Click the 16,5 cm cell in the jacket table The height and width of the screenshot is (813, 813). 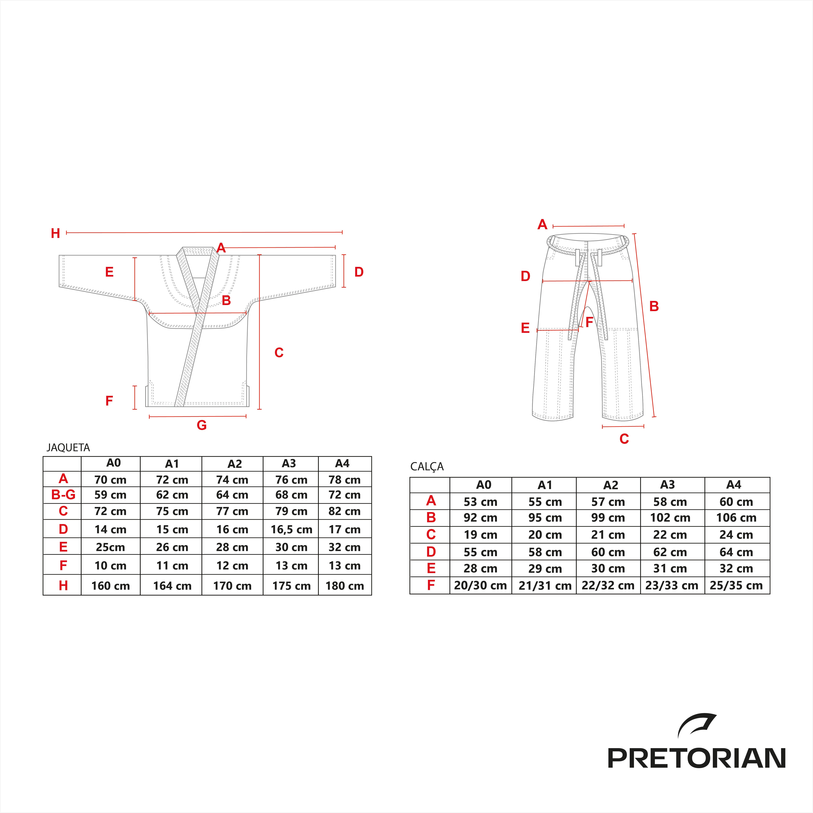pos(291,529)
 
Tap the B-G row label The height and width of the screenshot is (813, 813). pos(63,495)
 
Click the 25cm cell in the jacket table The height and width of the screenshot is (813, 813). pos(110,547)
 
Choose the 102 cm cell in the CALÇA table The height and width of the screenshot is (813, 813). pos(670,518)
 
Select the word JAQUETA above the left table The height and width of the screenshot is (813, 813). pos(68,447)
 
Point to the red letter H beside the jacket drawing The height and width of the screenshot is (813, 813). pos(56,233)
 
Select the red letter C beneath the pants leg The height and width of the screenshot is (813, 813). pos(624,439)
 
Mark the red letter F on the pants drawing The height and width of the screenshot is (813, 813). pos(589,322)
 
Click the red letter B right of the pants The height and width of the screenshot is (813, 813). pos(654,306)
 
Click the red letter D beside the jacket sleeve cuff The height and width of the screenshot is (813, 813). pos(359,272)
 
